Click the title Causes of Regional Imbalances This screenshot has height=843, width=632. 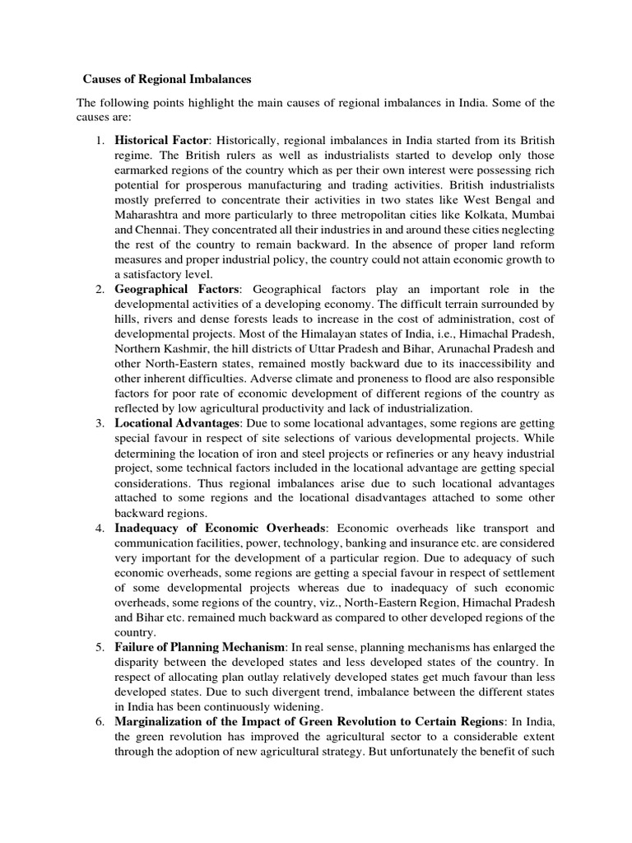click(x=167, y=80)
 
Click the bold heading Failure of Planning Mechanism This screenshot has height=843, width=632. click(x=199, y=648)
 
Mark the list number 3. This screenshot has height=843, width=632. click(x=99, y=422)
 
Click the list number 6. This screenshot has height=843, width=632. click(x=99, y=723)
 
